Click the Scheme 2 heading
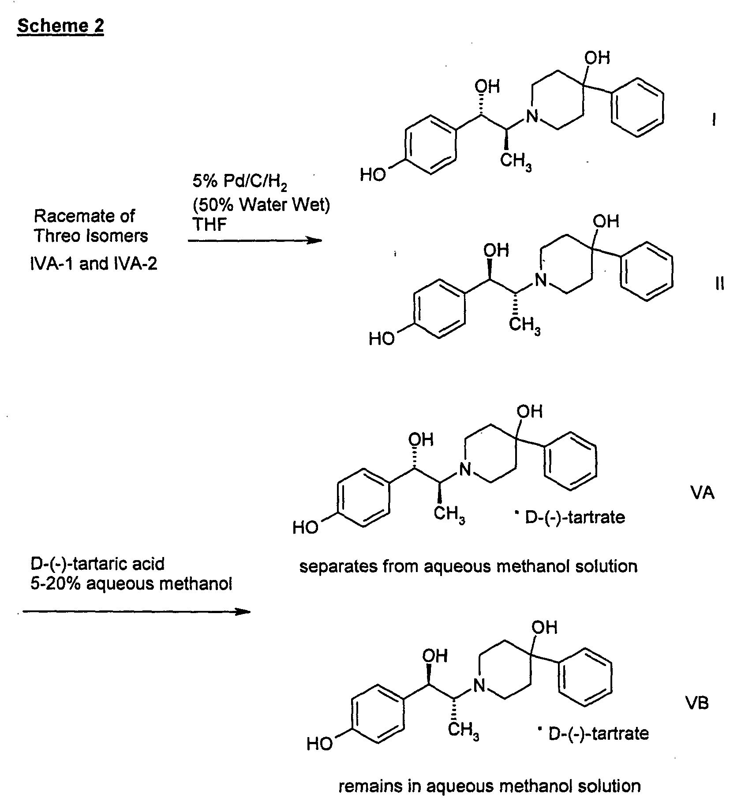(60, 26)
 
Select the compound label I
(714, 120)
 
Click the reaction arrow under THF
(255, 241)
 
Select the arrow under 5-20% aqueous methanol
(136, 611)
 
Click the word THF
(210, 224)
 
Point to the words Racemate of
(84, 216)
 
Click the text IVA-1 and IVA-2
(93, 263)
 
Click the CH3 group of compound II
(525, 327)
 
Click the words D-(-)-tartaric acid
(97, 564)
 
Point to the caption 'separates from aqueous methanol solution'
(468, 566)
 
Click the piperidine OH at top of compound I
(597, 58)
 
